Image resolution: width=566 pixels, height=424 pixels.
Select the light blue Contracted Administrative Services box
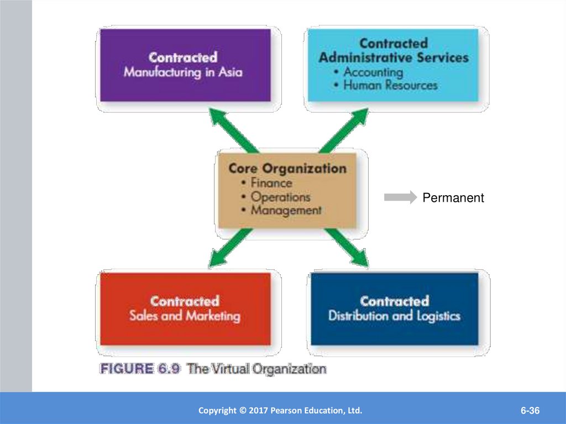pos(393,65)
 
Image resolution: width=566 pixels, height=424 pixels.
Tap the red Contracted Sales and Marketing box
pos(185,308)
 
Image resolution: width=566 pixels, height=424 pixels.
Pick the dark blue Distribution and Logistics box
pos(394,308)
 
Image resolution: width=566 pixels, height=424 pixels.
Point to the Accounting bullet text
pos(373,72)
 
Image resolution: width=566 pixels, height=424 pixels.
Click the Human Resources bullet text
pos(390,85)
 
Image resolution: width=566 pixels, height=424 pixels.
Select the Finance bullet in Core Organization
pos(271,182)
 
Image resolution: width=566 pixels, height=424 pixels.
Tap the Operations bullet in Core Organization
pos(280,196)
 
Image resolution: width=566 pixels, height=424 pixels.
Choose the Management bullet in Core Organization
pos(286,210)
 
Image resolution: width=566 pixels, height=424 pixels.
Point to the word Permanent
pos(453,198)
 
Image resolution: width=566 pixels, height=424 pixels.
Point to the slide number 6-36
pos(529,411)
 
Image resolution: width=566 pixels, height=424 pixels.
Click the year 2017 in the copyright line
pos(258,411)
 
